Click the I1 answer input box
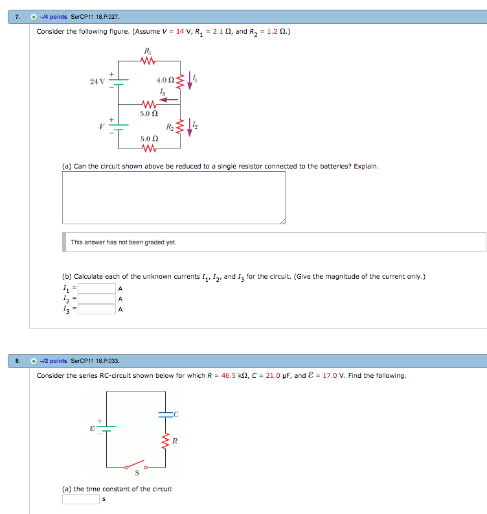coord(96,288)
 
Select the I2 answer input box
coord(96,299)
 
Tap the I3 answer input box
coord(96,309)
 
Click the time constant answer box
coord(80,499)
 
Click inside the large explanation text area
coord(174,198)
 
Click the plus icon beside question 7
coord(34,17)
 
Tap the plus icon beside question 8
coord(34,361)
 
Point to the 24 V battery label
coord(97,81)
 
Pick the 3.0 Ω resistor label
coord(148,113)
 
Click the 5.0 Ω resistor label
coord(149,139)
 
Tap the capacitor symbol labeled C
coord(165,413)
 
